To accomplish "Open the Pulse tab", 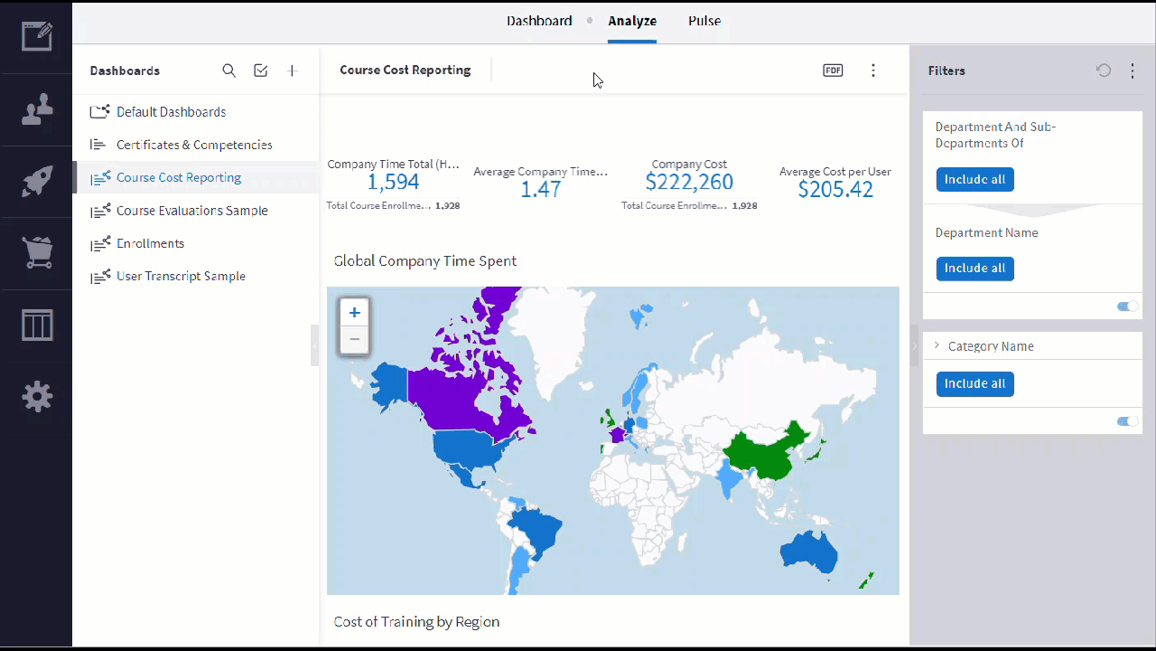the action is tap(704, 21).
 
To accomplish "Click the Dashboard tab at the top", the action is tap(539, 21).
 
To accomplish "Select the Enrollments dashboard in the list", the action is tap(150, 243).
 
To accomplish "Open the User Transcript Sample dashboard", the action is tap(181, 277).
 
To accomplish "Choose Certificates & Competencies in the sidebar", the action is tap(194, 146).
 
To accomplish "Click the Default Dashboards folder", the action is tap(171, 112).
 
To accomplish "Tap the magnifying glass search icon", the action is tap(229, 71).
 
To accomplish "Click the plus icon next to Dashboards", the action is tap(292, 71).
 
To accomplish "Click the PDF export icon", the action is tap(833, 71).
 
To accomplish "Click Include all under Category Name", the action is tap(974, 384).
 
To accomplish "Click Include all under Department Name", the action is tap(974, 269).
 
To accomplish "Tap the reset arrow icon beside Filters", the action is tap(1104, 71).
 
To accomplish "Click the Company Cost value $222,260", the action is tap(689, 182).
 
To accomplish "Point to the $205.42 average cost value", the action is tap(835, 190).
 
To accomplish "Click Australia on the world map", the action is tap(808, 552).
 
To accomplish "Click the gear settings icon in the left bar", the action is tap(37, 397).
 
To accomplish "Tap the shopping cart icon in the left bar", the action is tap(37, 252).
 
